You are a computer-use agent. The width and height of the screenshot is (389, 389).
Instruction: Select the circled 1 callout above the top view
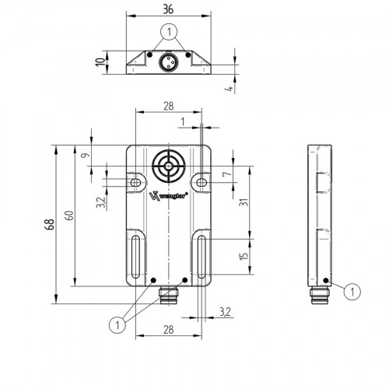(x=167, y=32)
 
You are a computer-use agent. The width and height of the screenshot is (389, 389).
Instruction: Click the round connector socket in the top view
(x=167, y=61)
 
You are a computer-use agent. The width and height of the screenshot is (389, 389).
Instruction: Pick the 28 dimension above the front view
(x=168, y=105)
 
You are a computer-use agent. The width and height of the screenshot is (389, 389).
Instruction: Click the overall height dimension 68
(x=48, y=225)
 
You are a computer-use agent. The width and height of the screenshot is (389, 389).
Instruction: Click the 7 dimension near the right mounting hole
(x=226, y=175)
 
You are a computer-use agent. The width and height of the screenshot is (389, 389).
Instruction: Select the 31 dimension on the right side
(x=244, y=205)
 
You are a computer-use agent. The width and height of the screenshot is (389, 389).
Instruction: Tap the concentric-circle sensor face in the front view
(x=168, y=165)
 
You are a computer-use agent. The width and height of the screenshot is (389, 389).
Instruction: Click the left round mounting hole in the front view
(x=136, y=181)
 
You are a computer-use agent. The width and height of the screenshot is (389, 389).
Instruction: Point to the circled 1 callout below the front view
(x=117, y=323)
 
